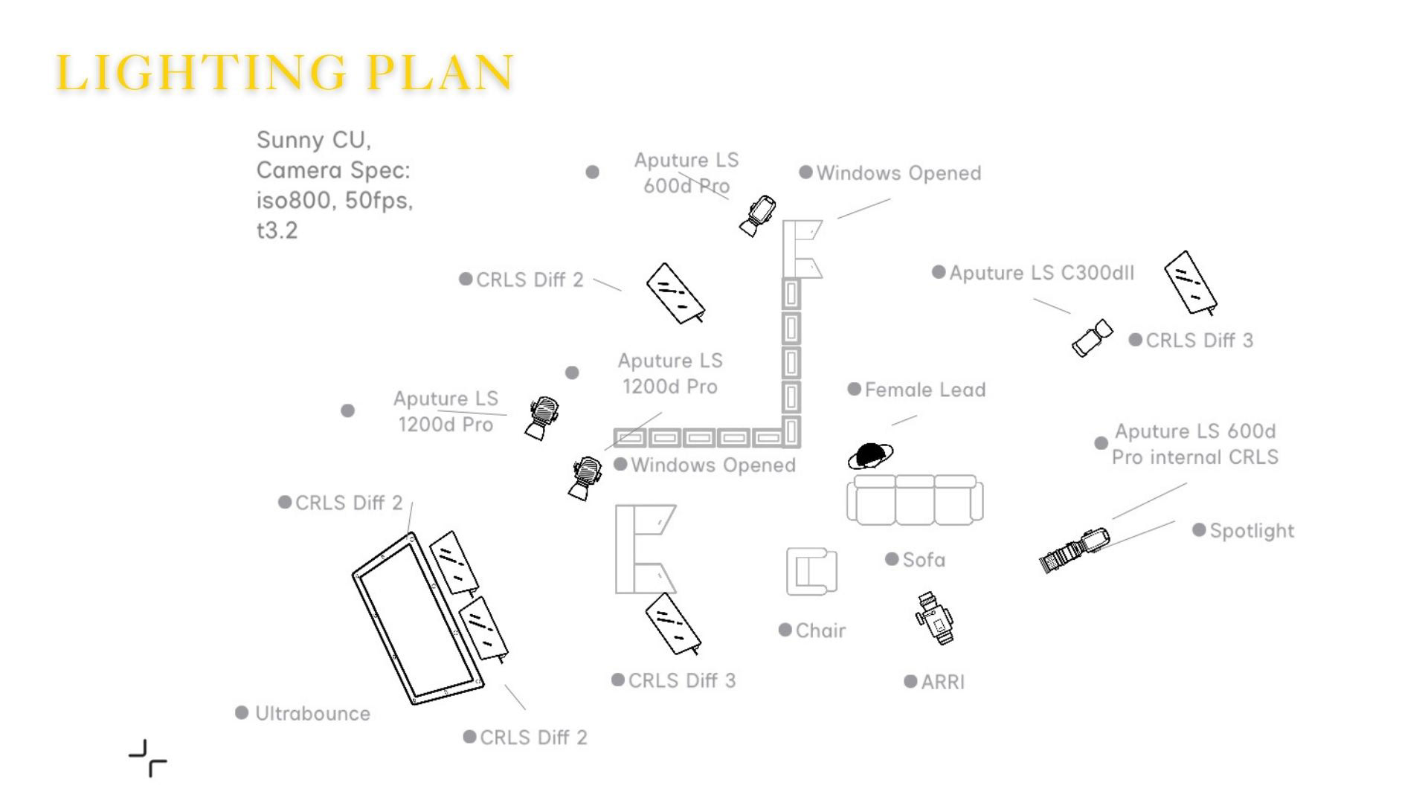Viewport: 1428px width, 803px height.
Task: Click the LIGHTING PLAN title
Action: click(285, 72)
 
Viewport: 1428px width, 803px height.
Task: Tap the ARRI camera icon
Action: click(935, 618)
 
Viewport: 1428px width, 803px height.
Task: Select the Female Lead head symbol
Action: click(870, 455)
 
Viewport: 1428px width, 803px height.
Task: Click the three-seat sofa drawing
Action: click(914, 500)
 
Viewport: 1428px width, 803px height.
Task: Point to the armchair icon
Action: click(811, 571)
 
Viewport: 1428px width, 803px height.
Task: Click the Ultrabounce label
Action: click(312, 714)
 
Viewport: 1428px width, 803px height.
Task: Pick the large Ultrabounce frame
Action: click(418, 619)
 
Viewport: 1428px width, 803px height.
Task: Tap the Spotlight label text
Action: click(1252, 531)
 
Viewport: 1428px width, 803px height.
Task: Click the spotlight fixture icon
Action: click(1074, 550)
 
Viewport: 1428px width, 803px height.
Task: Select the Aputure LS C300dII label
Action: click(1041, 273)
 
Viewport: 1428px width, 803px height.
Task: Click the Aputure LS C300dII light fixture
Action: click(1092, 338)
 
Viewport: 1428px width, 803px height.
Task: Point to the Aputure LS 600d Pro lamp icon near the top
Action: click(759, 215)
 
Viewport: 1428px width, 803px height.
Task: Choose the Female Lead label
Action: click(924, 390)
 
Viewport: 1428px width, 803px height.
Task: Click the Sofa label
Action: click(924, 560)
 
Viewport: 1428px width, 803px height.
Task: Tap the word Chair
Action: click(820, 631)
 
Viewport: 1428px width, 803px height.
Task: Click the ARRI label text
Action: click(942, 682)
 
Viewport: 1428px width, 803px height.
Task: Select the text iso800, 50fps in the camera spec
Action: click(334, 201)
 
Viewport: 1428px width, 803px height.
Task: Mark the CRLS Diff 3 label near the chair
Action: click(681, 680)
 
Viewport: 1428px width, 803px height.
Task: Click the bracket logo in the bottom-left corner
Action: click(148, 758)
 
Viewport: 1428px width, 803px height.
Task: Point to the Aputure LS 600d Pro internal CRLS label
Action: click(1194, 444)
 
